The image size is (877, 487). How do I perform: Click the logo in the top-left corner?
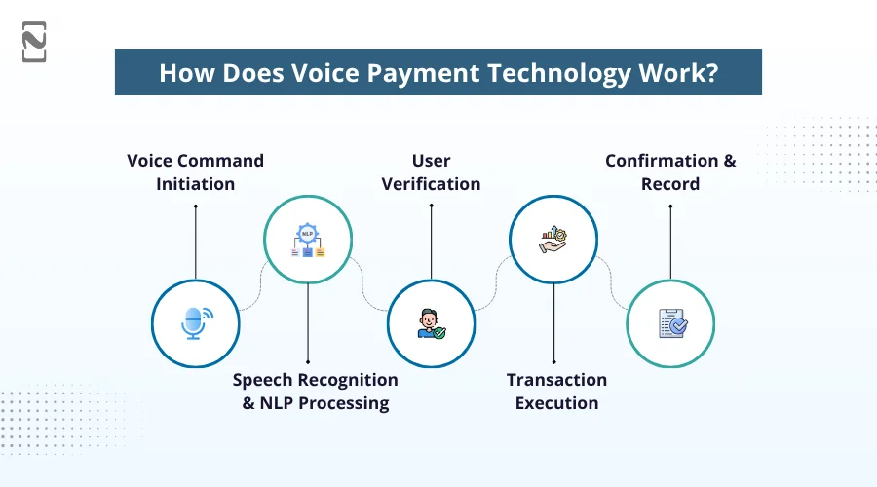pyautogui.click(x=34, y=42)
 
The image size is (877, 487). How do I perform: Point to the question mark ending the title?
pyautogui.click(x=711, y=73)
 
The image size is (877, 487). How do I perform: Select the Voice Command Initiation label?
pyautogui.click(x=195, y=171)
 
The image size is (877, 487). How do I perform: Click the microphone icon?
pyautogui.click(x=196, y=323)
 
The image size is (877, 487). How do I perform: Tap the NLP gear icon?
pyautogui.click(x=308, y=240)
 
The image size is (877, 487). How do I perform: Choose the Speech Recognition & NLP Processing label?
pyautogui.click(x=315, y=391)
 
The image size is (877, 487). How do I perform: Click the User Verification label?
pyautogui.click(x=431, y=171)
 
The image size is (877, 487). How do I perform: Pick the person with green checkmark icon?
pyautogui.click(x=431, y=323)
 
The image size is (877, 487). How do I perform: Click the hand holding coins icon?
pyautogui.click(x=553, y=240)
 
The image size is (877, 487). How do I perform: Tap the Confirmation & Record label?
pyautogui.click(x=670, y=171)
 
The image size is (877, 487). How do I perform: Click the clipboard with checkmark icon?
pyautogui.click(x=670, y=323)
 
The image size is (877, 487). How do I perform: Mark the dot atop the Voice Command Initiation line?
pyautogui.click(x=195, y=206)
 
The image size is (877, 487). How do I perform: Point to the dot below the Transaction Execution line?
pyautogui.click(x=553, y=360)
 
